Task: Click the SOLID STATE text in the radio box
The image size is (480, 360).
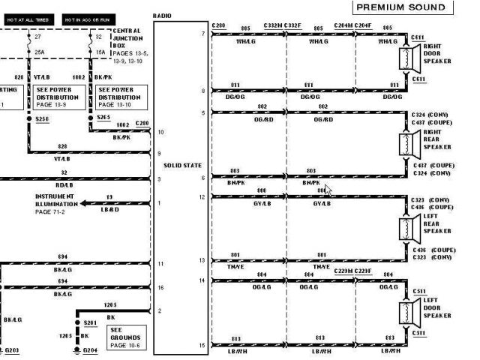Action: click(x=181, y=163)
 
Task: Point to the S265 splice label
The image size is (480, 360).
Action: click(x=104, y=118)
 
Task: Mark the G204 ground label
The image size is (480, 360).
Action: click(x=90, y=350)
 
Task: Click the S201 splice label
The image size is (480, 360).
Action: click(x=90, y=322)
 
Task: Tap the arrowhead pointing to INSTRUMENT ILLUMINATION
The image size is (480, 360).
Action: click(x=84, y=203)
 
